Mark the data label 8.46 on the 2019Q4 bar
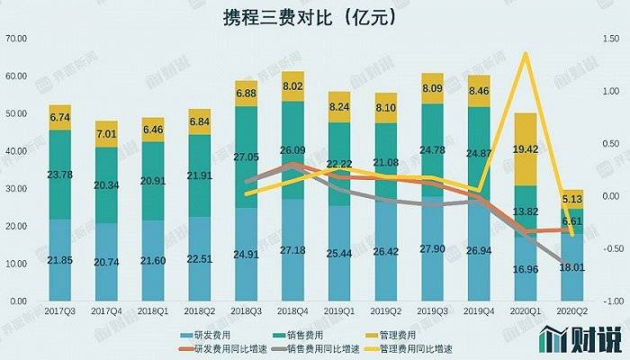[x=479, y=91]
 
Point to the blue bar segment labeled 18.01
[x=572, y=267]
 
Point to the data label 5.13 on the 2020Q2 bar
[x=572, y=200]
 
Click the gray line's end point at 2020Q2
[x=572, y=262]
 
